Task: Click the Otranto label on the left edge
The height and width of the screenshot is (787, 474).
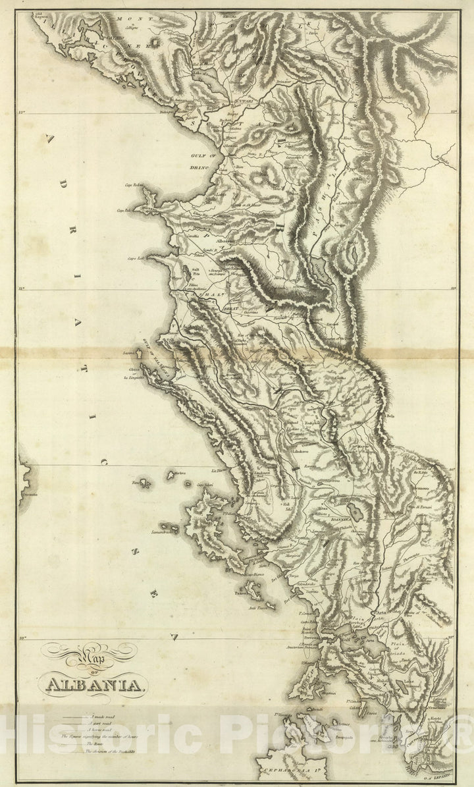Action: coord(28,493)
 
